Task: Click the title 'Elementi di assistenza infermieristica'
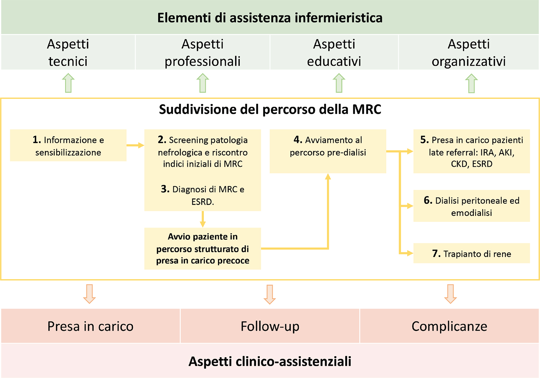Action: [270, 18]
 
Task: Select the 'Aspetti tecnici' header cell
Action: [68, 52]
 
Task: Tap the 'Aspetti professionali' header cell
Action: [202, 52]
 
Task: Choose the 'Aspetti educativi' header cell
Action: [334, 52]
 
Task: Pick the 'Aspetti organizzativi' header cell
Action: [469, 52]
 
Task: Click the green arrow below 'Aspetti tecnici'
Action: [68, 83]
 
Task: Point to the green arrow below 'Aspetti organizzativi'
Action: [471, 83]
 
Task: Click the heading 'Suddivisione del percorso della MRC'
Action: [270, 109]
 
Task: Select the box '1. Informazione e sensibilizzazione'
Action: [68, 146]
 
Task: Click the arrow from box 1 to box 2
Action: [135, 145]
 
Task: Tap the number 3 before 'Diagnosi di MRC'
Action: [165, 189]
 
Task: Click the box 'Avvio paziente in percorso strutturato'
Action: [202, 249]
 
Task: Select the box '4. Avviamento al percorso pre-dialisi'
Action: [328, 151]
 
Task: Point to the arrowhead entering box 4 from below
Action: [328, 177]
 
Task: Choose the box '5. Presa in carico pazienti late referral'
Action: [471, 152]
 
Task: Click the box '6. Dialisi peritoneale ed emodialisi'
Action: [471, 206]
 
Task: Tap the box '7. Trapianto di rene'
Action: [471, 254]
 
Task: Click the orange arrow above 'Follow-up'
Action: [270, 294]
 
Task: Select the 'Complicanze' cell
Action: [449, 326]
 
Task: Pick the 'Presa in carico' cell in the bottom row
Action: [90, 326]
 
